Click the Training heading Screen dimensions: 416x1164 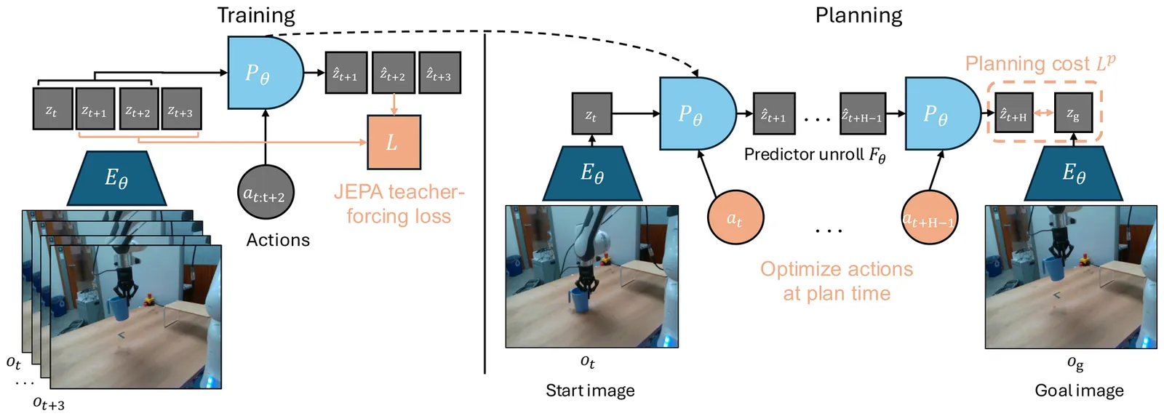(x=256, y=15)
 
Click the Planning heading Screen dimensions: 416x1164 (x=858, y=15)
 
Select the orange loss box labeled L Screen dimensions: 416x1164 (x=393, y=142)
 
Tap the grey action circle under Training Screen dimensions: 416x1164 (x=266, y=193)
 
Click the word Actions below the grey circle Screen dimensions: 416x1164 (x=278, y=240)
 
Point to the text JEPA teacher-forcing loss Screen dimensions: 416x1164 (x=399, y=204)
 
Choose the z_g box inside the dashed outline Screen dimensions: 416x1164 (x=1073, y=113)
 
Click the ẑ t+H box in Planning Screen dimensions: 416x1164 (x=1013, y=113)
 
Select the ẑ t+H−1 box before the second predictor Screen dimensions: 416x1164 (x=863, y=113)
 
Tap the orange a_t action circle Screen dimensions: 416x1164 (x=735, y=217)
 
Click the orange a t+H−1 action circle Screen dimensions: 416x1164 (x=929, y=217)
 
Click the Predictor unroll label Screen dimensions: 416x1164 (x=814, y=155)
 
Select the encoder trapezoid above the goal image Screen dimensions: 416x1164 (x=1073, y=174)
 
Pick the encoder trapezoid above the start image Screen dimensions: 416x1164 (x=591, y=174)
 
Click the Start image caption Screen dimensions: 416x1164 (x=590, y=391)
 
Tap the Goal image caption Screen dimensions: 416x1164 (x=1079, y=391)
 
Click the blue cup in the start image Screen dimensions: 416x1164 (x=579, y=300)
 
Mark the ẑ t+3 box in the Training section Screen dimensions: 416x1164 (x=439, y=73)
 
